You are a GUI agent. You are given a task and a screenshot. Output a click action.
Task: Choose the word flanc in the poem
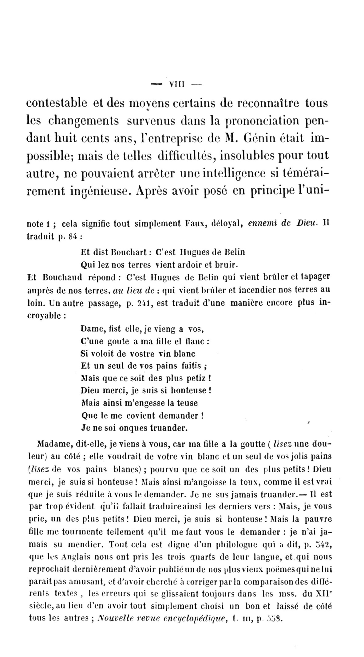tap(196, 341)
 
